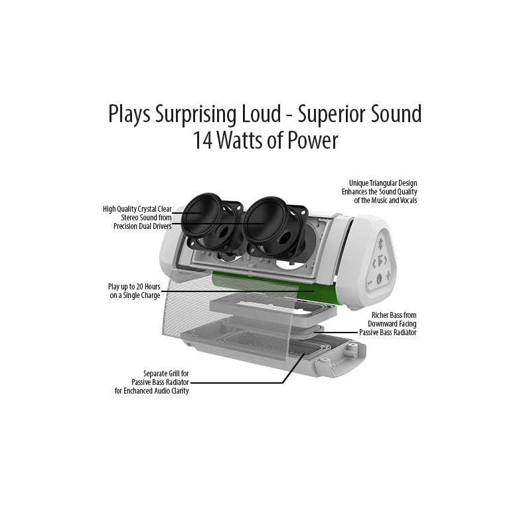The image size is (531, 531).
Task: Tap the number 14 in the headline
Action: click(x=202, y=141)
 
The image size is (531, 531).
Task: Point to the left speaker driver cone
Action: click(x=200, y=214)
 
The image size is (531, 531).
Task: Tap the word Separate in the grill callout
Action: click(x=158, y=373)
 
